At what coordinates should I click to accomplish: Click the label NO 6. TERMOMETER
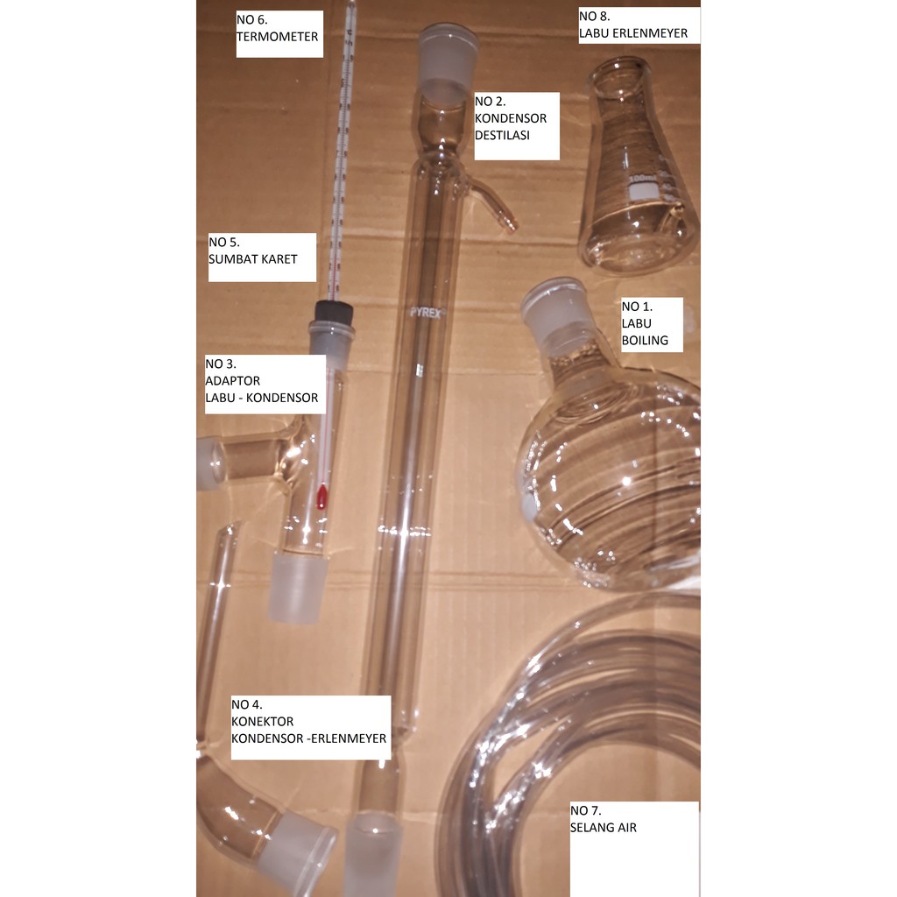tap(279, 33)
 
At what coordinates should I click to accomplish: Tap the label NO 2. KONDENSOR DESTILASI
tap(516, 126)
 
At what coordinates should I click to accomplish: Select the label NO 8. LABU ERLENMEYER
tap(639, 25)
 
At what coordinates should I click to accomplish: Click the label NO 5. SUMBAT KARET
tap(262, 257)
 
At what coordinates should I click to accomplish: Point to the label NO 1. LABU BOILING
tap(651, 322)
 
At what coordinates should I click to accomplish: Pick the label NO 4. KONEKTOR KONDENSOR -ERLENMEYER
tap(310, 727)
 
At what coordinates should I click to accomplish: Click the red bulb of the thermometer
tap(321, 497)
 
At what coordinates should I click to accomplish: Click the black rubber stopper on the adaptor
tap(334, 310)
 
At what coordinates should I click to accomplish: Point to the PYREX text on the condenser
tap(426, 313)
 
